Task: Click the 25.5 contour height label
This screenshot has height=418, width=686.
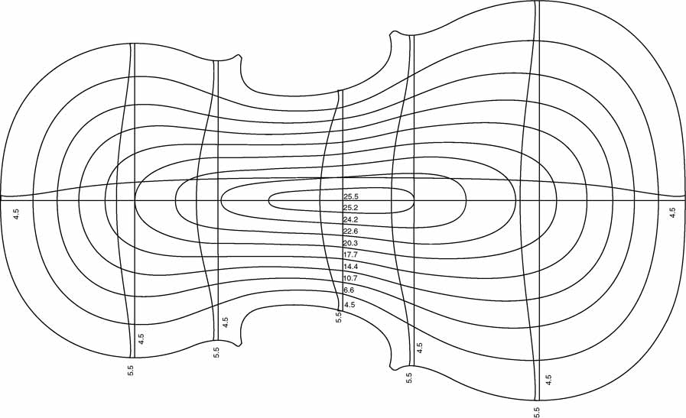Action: (x=351, y=196)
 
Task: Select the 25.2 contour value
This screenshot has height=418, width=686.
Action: (x=351, y=208)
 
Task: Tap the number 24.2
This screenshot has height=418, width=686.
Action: (x=351, y=219)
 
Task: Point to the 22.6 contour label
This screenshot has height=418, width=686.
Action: (x=351, y=232)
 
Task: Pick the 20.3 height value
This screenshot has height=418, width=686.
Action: (x=351, y=243)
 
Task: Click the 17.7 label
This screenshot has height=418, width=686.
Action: (x=351, y=254)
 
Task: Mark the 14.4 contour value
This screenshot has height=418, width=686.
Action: (x=351, y=266)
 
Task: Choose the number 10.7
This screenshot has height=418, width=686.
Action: (x=351, y=278)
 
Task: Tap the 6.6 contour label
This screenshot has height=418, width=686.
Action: (x=350, y=290)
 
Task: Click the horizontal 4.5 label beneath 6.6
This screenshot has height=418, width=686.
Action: (x=350, y=305)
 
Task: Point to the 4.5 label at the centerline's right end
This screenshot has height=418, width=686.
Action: (x=673, y=213)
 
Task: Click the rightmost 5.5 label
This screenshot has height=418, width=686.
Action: (x=537, y=412)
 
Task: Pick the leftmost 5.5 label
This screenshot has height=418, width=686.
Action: (x=130, y=371)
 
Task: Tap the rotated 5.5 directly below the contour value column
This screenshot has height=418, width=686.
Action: (x=338, y=317)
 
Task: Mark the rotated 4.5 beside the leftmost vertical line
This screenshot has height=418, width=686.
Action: (x=141, y=339)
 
